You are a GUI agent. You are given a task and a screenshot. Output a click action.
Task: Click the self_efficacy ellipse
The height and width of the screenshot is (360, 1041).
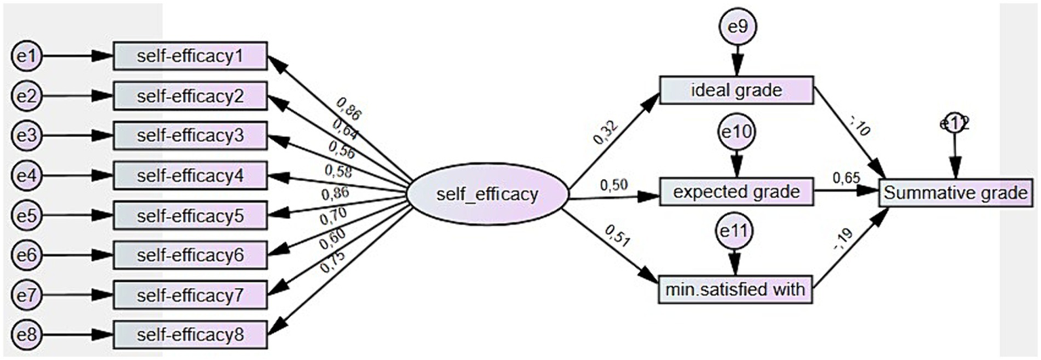[x=487, y=195]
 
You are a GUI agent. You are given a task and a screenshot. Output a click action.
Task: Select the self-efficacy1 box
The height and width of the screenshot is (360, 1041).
[x=190, y=56]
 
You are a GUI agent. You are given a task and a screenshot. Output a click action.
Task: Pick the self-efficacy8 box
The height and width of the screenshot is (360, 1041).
[x=190, y=335]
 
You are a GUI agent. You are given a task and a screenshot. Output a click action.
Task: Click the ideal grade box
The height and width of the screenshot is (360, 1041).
[x=736, y=91]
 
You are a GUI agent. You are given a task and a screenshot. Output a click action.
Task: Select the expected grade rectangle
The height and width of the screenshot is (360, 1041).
[x=736, y=193]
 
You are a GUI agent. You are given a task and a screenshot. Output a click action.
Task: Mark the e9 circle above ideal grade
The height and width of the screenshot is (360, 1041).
[x=736, y=28]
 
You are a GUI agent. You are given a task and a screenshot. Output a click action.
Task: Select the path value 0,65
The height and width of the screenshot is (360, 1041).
[x=846, y=178]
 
